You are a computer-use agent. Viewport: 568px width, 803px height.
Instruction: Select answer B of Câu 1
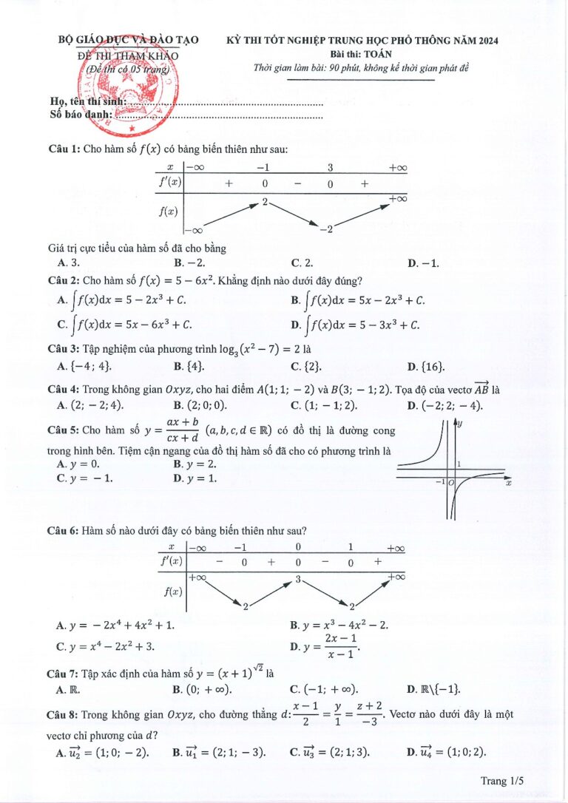pyautogui.click(x=189, y=262)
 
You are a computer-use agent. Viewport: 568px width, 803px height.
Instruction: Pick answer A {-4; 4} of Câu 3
pyautogui.click(x=84, y=366)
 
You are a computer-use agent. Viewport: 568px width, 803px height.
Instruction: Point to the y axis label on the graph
pyautogui.click(x=459, y=424)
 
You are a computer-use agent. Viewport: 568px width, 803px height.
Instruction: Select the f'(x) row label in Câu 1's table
pyautogui.click(x=169, y=182)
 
